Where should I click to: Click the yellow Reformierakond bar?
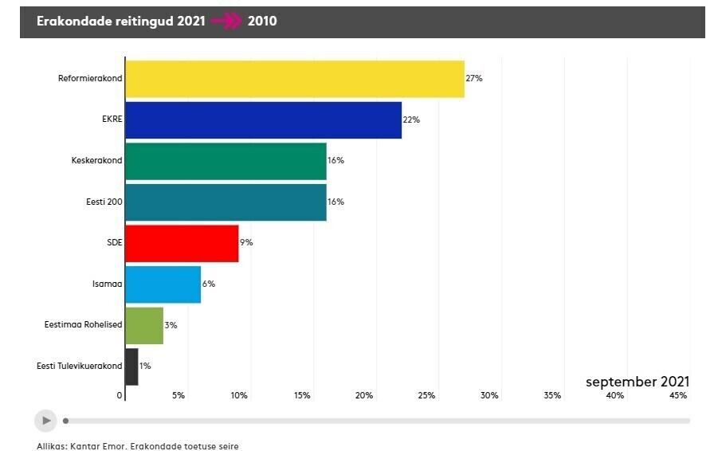tap(295, 79)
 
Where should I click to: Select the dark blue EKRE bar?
tap(263, 120)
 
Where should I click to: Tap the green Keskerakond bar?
tap(226, 161)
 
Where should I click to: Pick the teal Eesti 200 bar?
tap(226, 202)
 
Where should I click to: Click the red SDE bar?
tap(182, 243)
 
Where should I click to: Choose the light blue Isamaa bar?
tap(163, 284)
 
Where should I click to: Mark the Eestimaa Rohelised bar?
tap(144, 325)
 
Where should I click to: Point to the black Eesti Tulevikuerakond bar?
tap(131, 367)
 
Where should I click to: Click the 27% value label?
tap(474, 79)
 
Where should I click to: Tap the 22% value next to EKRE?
tap(411, 120)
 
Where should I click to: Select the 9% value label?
tap(246, 243)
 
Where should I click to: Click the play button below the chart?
tap(46, 420)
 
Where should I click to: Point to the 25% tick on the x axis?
tap(427, 396)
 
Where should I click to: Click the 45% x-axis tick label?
tap(678, 396)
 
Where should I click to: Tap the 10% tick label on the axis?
tap(239, 396)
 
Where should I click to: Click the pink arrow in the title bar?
tap(227, 22)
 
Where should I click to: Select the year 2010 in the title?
tap(262, 22)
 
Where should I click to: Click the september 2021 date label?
tap(637, 382)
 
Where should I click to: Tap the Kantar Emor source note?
tap(138, 446)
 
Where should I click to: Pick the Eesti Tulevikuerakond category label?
tap(79, 367)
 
